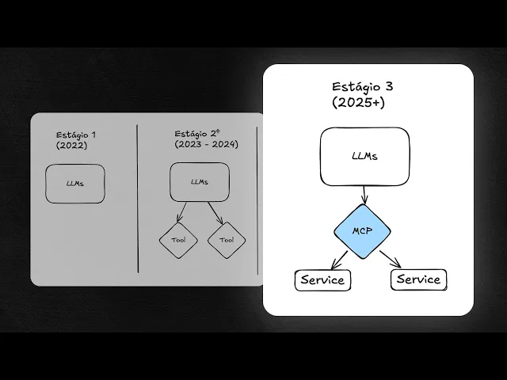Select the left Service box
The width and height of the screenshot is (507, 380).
322,279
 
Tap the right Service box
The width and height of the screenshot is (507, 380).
417,279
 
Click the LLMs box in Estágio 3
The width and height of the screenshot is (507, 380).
364,156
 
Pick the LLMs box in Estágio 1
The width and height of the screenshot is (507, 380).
75,184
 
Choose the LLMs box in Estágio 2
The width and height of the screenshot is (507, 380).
200,182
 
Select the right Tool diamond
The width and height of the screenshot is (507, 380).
227,239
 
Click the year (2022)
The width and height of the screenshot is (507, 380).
72,146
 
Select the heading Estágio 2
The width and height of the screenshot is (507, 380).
197,132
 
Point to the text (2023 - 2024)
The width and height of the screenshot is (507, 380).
206,144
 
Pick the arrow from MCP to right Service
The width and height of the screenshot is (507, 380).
390,259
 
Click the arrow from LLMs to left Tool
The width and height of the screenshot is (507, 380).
181,212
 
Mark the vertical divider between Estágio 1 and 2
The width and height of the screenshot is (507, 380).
138,198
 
